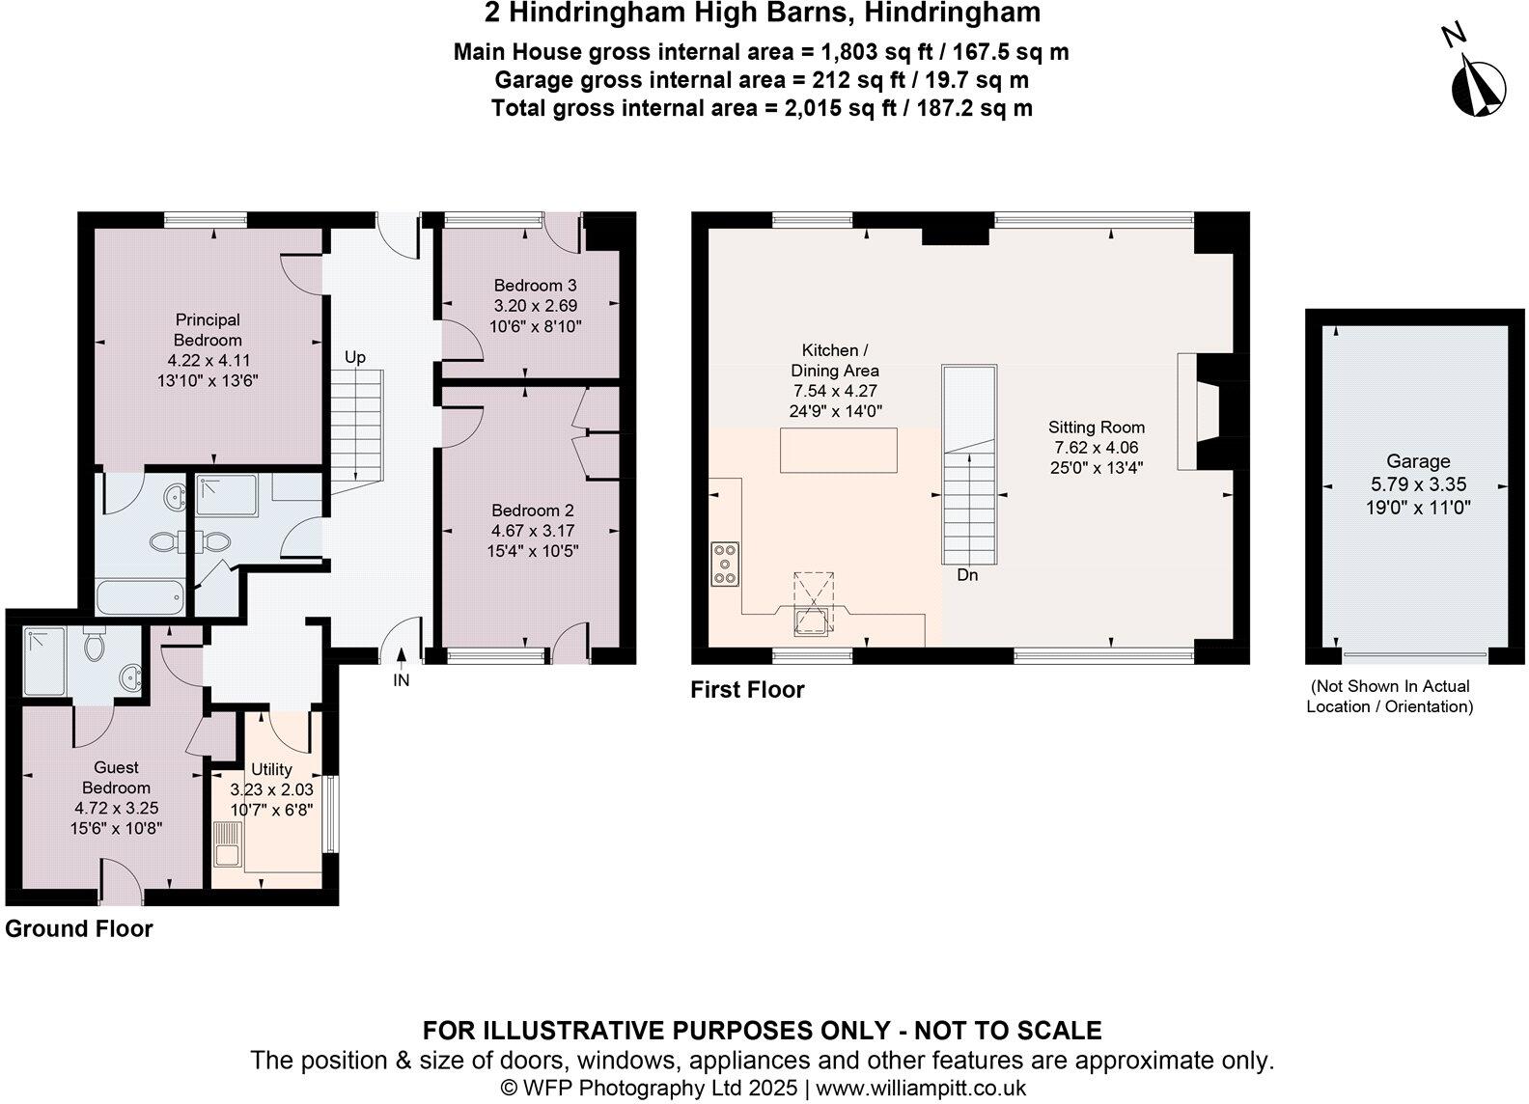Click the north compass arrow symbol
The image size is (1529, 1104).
1478,86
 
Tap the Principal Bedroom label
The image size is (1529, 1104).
208,330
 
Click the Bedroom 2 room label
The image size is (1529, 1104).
533,511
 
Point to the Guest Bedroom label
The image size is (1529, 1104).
116,778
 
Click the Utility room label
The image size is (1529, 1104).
271,769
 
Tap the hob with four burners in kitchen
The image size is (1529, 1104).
726,565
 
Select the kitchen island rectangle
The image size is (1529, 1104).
838,451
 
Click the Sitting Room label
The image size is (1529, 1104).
1097,428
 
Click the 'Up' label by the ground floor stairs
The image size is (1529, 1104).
355,357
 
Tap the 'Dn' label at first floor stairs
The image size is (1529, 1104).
967,575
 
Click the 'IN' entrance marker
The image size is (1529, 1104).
402,680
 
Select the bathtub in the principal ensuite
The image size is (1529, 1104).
140,596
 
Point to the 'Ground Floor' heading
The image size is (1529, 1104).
79,929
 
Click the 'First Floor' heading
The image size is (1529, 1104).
747,690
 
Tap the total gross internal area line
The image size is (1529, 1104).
762,108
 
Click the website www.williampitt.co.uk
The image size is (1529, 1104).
920,1089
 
